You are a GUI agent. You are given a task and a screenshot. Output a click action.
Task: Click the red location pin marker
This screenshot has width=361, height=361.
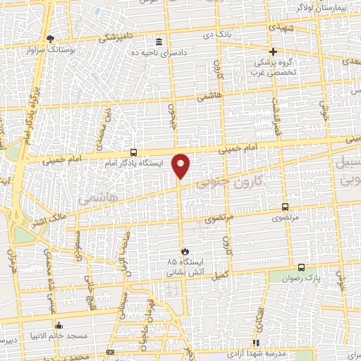coord(181,166)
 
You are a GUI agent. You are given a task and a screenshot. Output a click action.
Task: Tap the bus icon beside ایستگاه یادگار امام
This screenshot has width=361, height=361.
coord(134,152)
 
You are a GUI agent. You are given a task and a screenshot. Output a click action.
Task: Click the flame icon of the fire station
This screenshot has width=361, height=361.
coord(184,251)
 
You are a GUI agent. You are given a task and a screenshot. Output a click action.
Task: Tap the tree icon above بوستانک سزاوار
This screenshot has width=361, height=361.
coord(49,38)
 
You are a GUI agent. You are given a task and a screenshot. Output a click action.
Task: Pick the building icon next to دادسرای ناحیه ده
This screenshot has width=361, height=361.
coord(159,41)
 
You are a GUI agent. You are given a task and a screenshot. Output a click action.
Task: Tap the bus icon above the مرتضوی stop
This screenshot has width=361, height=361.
coord(285,207)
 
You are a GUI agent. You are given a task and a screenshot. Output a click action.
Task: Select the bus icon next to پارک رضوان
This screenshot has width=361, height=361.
coord(302,267)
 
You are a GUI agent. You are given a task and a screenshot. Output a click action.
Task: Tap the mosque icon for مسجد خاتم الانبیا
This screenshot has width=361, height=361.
coord(59,325)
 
